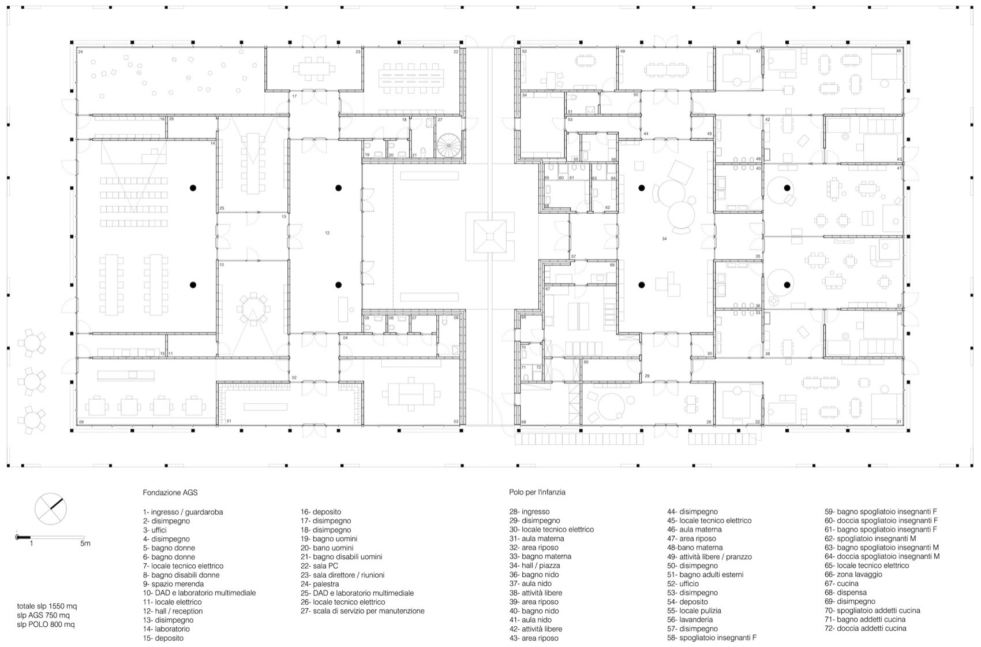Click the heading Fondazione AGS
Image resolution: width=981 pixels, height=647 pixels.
(170, 493)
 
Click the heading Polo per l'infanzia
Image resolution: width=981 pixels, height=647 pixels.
(537, 492)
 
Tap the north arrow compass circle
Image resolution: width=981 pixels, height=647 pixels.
(51, 509)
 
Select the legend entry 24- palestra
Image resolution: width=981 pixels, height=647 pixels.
(319, 584)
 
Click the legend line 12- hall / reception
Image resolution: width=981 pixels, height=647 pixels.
(173, 611)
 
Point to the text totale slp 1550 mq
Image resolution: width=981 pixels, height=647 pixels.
(47, 606)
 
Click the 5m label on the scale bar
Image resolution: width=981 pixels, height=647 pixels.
(85, 543)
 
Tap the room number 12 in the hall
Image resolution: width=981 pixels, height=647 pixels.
(327, 233)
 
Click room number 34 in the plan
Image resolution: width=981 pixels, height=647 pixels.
(664, 238)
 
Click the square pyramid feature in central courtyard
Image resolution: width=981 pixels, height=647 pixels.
(489, 236)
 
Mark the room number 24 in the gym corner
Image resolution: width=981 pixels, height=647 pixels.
(81, 52)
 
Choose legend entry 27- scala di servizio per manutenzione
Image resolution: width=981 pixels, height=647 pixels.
(362, 611)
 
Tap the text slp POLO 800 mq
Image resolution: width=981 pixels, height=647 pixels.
(46, 624)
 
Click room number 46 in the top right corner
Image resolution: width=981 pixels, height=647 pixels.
(898, 51)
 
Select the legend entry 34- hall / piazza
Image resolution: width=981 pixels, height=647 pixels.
(534, 566)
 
